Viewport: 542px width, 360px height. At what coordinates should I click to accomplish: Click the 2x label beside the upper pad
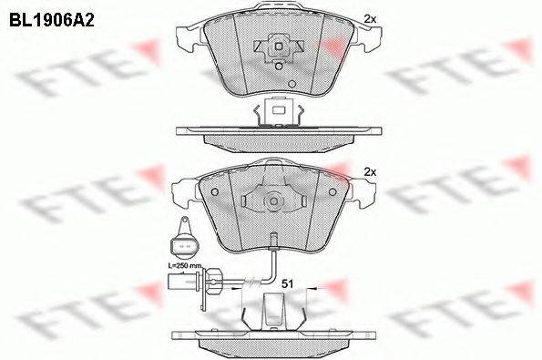[x=369, y=18]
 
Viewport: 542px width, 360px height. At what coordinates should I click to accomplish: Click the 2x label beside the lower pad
[x=369, y=171]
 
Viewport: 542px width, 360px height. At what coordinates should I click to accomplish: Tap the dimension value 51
[x=285, y=283]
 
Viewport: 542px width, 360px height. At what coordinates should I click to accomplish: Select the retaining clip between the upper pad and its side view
[x=277, y=111]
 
